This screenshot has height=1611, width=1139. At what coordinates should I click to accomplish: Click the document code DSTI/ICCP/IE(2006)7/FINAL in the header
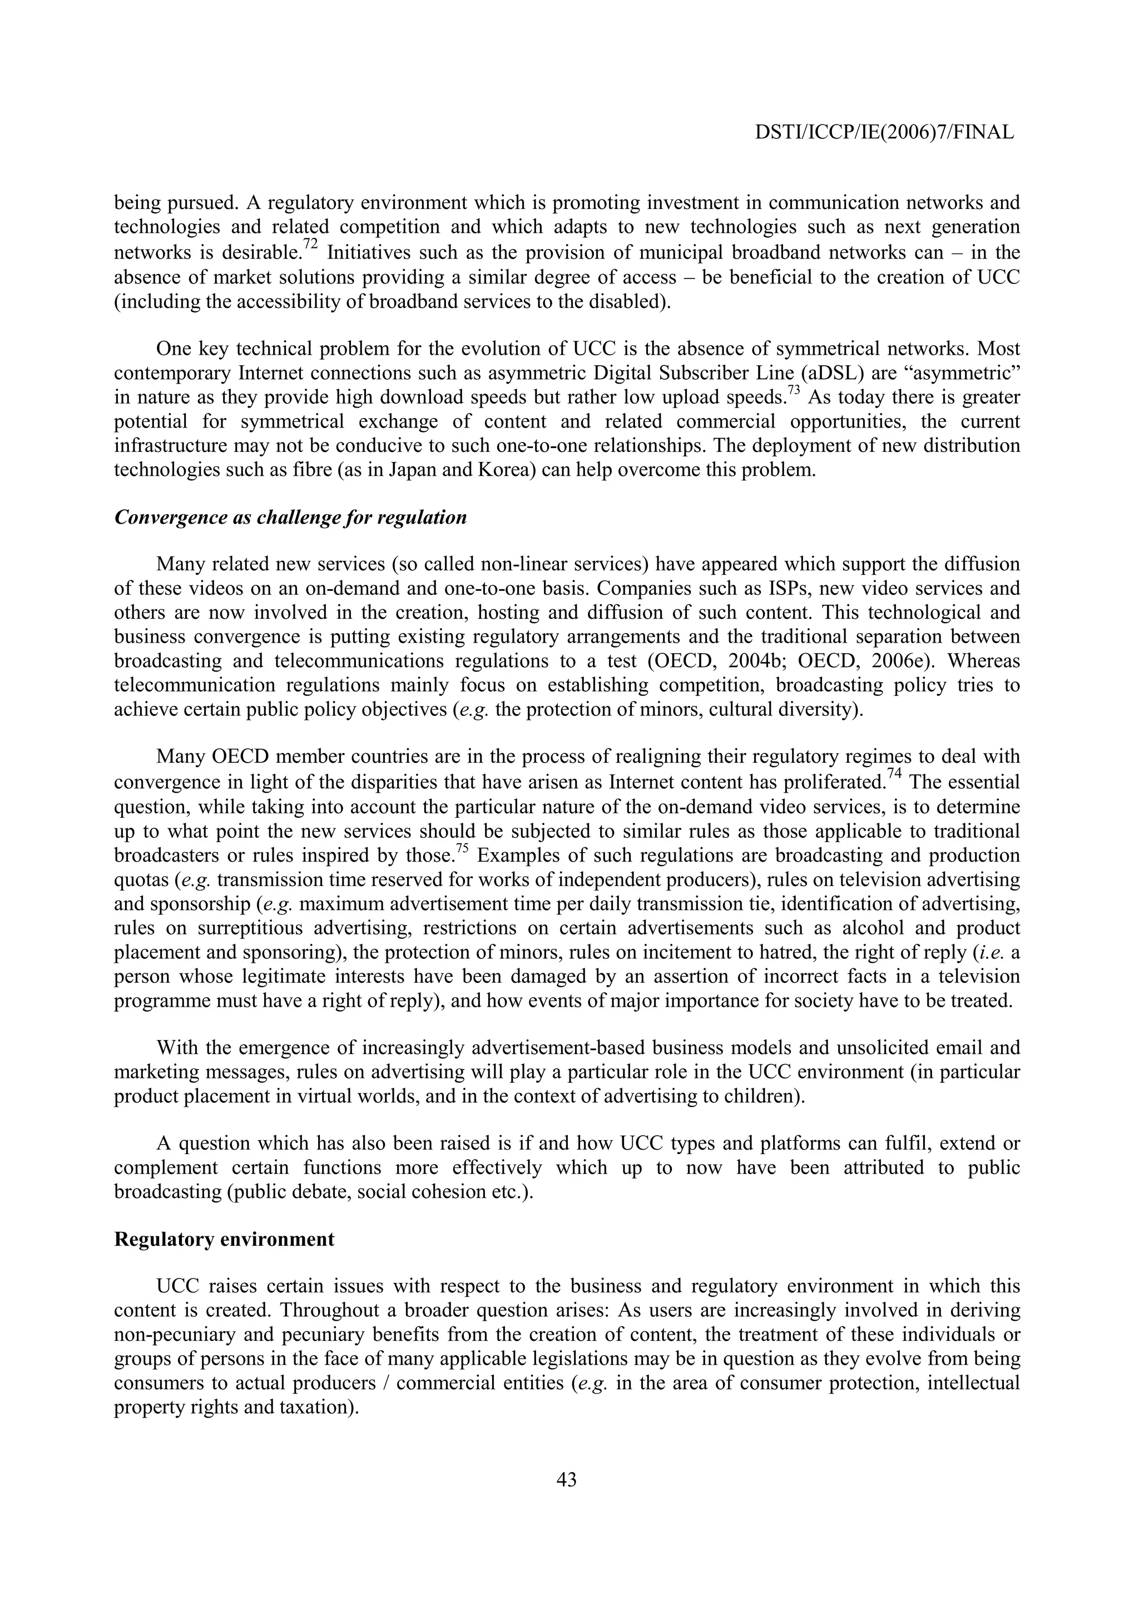coord(884,132)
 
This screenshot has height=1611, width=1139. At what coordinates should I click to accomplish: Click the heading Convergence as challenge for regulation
coord(290,517)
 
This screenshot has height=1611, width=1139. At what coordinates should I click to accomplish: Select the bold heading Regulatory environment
coord(224,1239)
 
